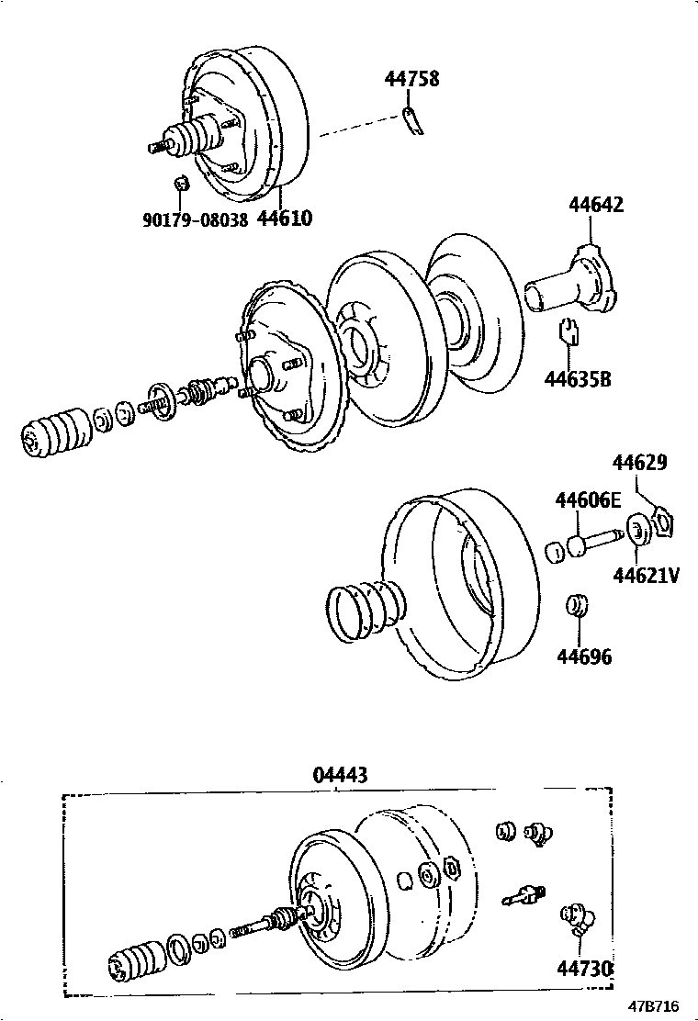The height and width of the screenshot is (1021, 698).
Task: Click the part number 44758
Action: [411, 79]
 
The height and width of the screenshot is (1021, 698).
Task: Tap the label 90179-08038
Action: [195, 220]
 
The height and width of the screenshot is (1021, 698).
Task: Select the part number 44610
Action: [285, 219]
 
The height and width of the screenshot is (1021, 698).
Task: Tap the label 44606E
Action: [588, 500]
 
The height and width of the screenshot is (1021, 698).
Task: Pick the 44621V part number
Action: [647, 576]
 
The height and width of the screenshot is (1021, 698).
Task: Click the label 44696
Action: [584, 657]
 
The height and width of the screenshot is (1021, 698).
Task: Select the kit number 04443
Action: [341, 776]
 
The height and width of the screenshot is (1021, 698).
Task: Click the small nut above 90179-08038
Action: [182, 183]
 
